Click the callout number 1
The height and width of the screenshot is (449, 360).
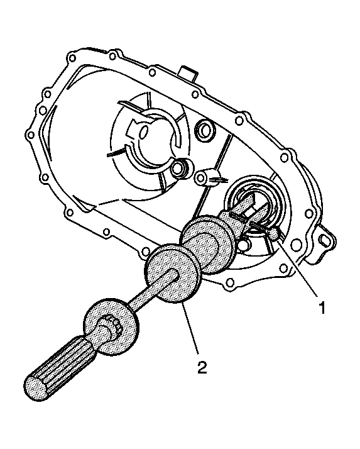point(322,308)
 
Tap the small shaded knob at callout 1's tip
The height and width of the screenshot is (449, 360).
point(274,234)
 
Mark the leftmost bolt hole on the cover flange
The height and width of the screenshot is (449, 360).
point(30,135)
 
